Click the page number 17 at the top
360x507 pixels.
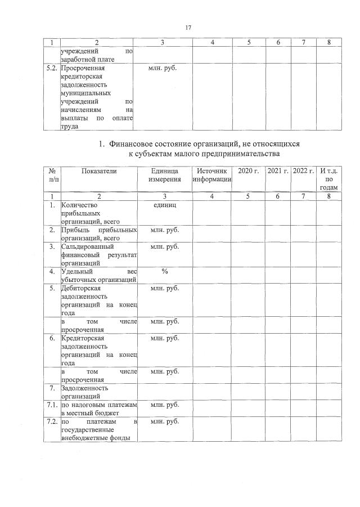click(x=189, y=28)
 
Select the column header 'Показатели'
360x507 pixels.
click(x=98, y=171)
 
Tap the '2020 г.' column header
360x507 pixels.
click(x=248, y=171)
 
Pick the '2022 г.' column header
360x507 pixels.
click(x=303, y=171)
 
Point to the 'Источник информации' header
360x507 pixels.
click(x=211, y=174)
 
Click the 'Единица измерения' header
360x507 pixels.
click(x=165, y=174)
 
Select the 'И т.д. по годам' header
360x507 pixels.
click(x=328, y=179)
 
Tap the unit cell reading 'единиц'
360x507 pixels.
click(x=165, y=205)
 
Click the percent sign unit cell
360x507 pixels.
click(x=165, y=271)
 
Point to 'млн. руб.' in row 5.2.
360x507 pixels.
click(x=165, y=68)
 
